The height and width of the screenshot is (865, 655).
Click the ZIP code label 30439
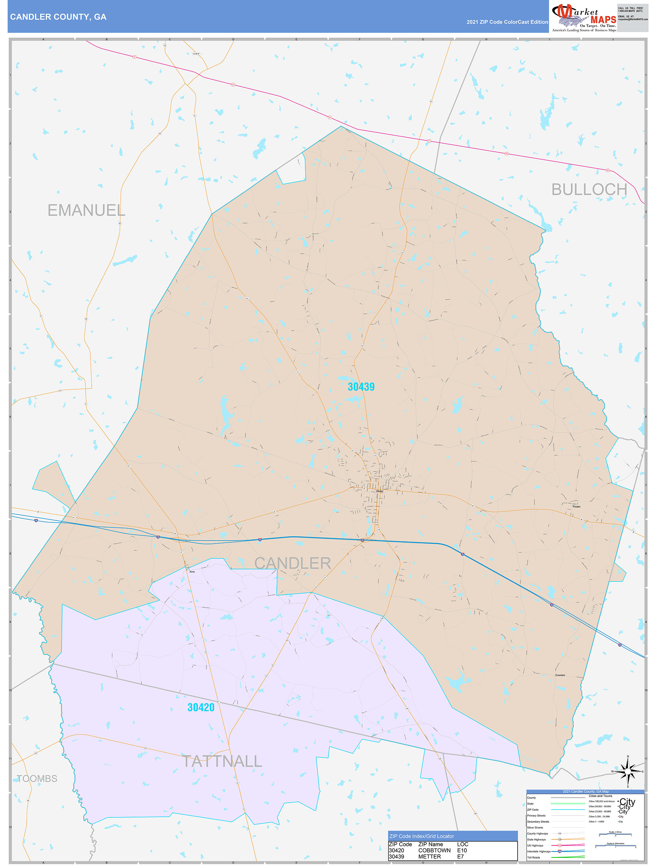(361, 387)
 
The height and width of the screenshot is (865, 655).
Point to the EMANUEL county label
(86, 210)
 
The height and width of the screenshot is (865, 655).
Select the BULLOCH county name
(589, 190)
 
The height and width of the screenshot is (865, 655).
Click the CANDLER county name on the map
(292, 563)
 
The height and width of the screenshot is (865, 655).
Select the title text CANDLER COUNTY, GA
(58, 17)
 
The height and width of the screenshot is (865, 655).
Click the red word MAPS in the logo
(603, 20)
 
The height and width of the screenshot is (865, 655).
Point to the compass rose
(628, 771)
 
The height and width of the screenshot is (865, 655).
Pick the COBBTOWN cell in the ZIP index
(434, 850)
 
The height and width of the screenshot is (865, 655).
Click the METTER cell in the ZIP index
(429, 856)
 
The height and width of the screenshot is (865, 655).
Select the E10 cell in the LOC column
(462, 850)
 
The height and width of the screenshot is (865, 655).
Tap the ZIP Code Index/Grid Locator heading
(421, 836)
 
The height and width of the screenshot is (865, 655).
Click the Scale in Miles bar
(615, 834)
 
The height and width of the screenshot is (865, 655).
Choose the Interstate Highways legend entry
(539, 851)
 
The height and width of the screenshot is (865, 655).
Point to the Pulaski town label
(576, 506)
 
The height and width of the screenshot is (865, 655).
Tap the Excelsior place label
(560, 675)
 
